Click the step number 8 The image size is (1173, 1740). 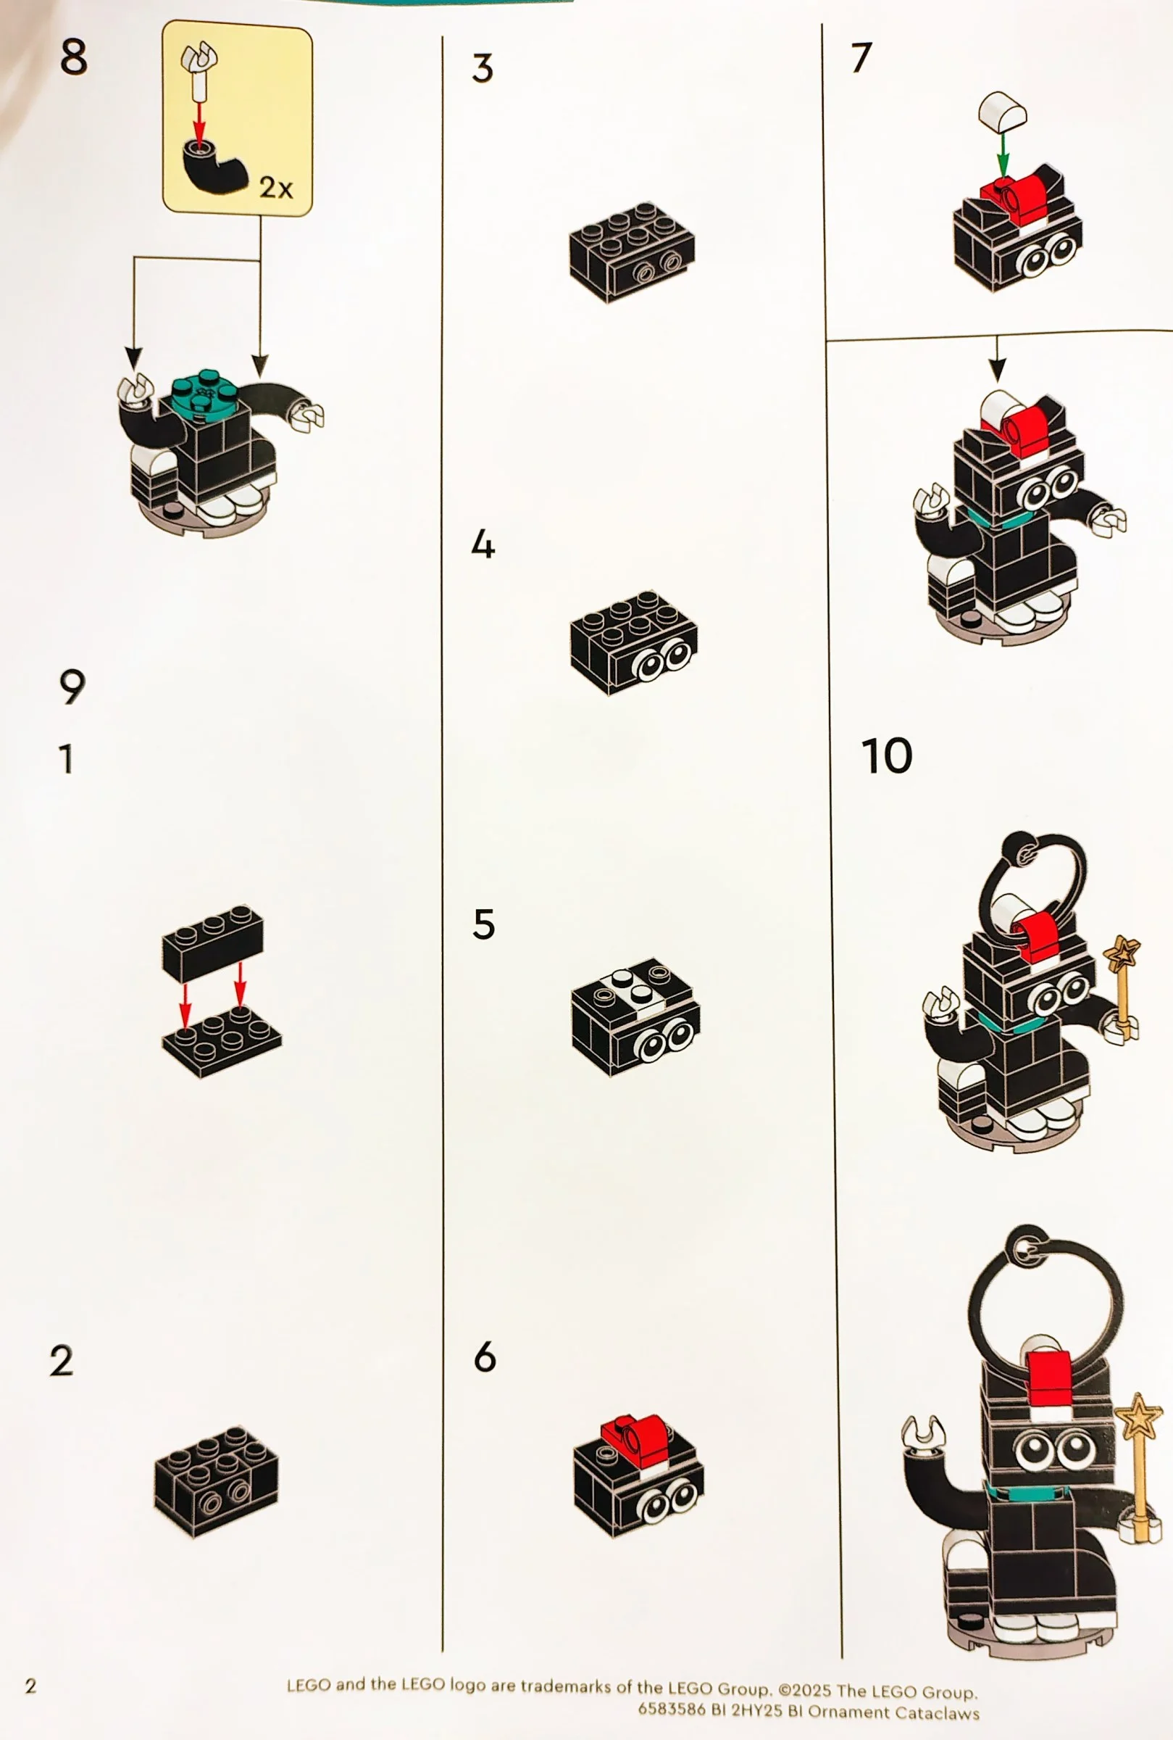[72, 57]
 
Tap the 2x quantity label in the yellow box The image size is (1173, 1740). [275, 187]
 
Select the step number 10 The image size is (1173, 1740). [886, 756]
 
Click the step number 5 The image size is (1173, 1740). [483, 924]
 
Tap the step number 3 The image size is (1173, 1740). [483, 69]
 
